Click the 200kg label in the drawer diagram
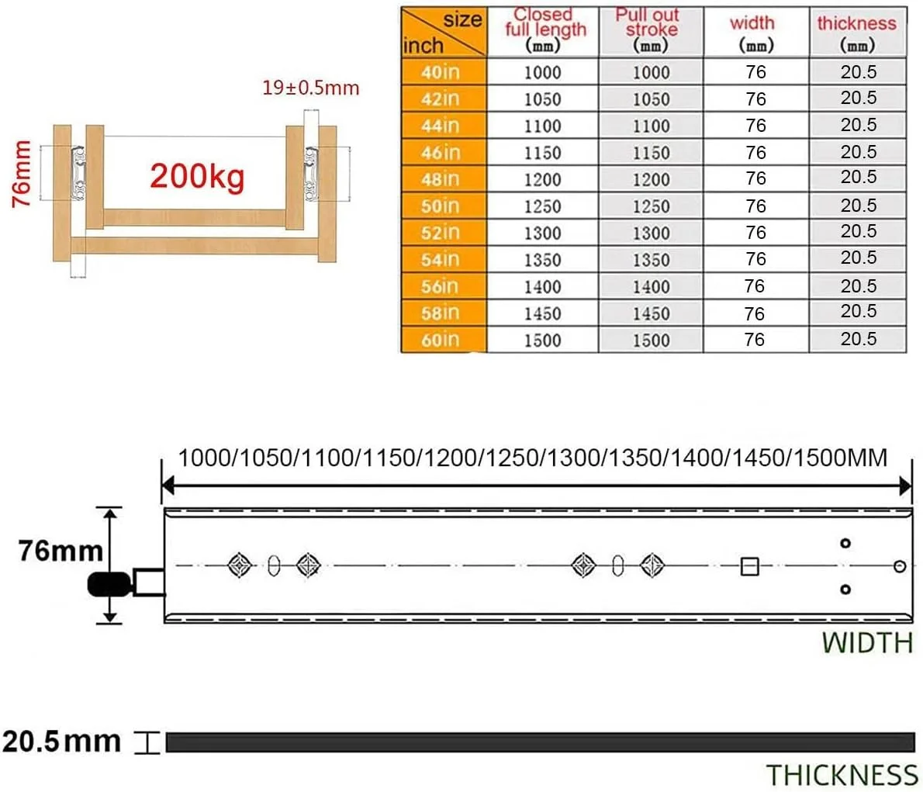click(197, 176)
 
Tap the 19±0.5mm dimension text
click(311, 88)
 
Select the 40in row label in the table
click(441, 72)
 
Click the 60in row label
click(441, 340)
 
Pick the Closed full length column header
click(544, 29)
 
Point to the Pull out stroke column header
click(648, 29)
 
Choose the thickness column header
click(856, 33)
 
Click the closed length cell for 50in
click(543, 206)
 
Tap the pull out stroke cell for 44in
click(651, 126)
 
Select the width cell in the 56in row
click(755, 286)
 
